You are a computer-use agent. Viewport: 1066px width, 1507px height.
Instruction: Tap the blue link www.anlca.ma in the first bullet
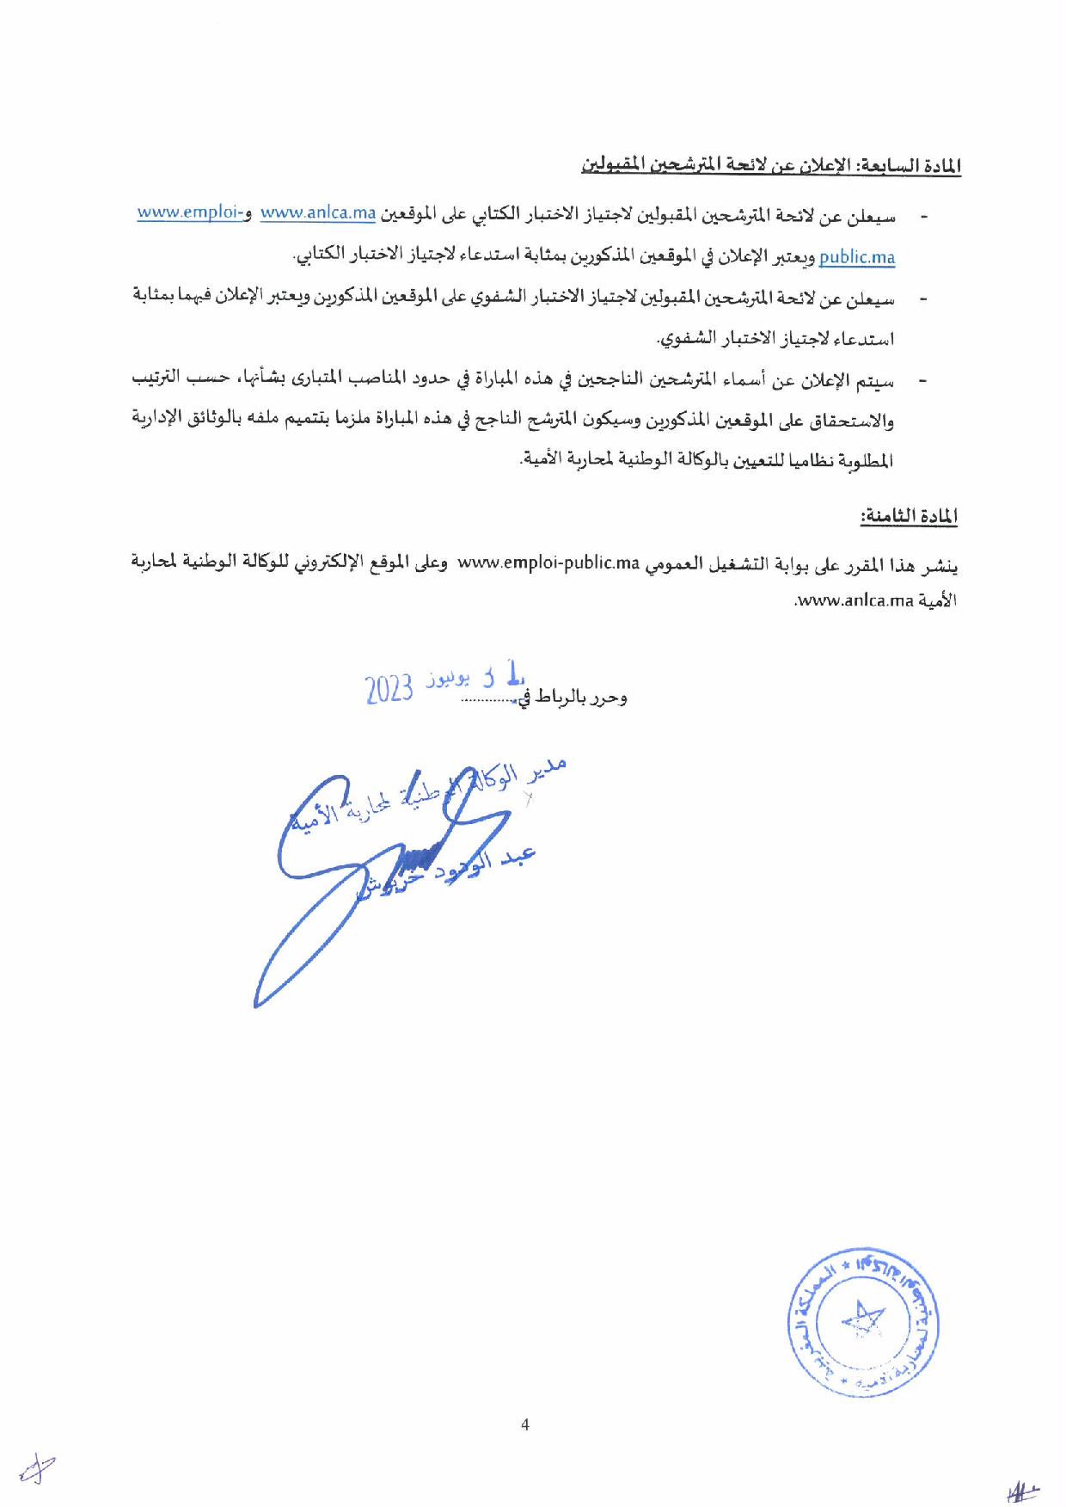[318, 214]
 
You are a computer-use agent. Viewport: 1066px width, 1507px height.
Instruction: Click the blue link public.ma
[857, 256]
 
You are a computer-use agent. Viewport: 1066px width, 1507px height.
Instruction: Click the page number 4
[525, 1424]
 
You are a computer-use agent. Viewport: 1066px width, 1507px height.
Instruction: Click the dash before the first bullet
[924, 218]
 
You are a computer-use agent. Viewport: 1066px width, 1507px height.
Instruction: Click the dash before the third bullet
[924, 381]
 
